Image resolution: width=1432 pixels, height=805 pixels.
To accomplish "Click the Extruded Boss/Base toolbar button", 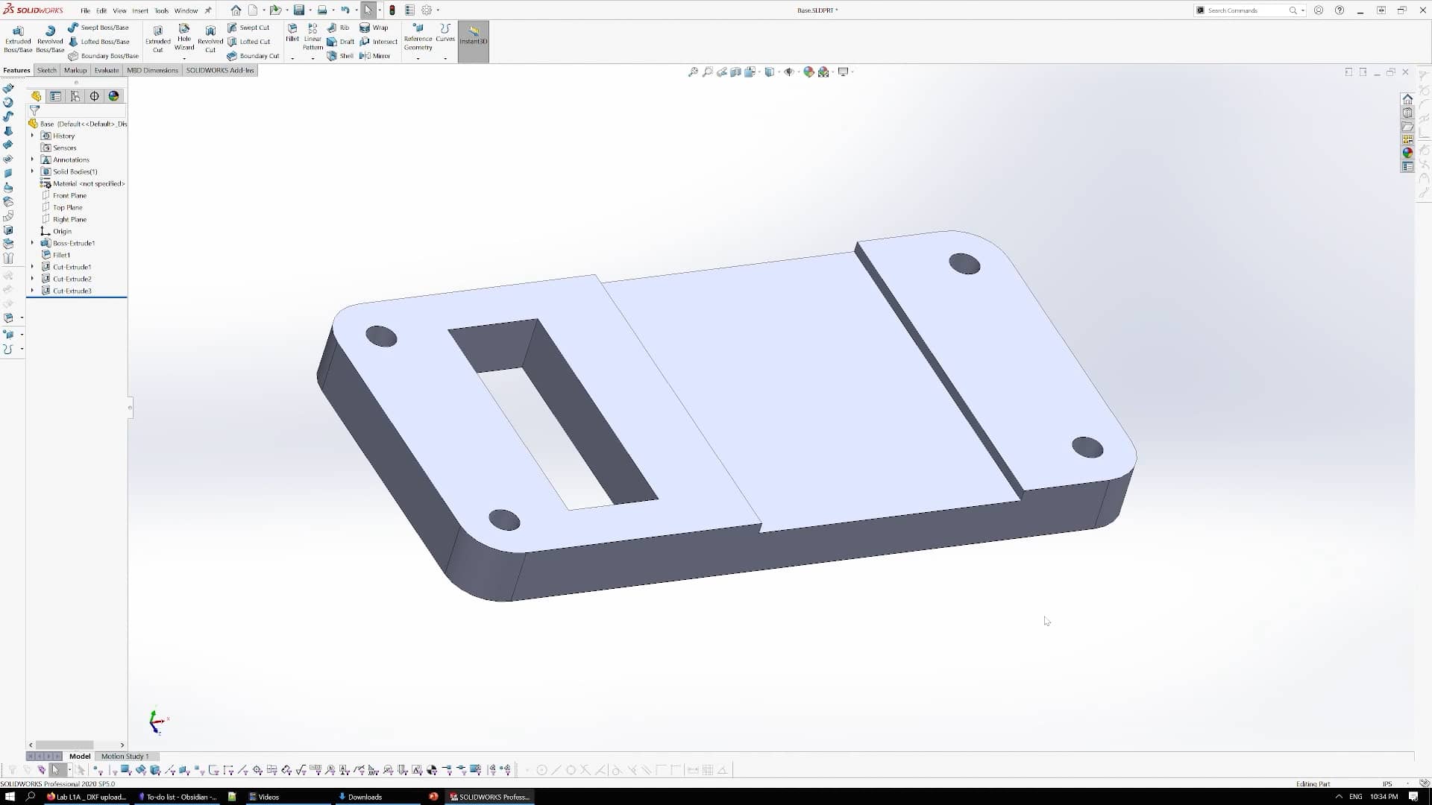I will coord(18,39).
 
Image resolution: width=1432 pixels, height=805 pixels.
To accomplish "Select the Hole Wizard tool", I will coord(184,39).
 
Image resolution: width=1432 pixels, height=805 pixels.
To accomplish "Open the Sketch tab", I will coord(47,70).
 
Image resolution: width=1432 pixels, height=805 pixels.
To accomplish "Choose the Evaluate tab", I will coord(107,70).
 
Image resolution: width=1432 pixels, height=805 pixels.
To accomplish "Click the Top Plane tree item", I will coord(67,207).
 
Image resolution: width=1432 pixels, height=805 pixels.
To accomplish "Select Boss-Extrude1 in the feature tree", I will coord(73,243).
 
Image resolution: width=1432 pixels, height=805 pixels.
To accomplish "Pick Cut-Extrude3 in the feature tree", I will coord(72,291).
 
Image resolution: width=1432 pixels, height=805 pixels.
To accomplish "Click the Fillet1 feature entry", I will coord(61,255).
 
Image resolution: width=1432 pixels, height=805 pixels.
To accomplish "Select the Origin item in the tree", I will coord(62,231).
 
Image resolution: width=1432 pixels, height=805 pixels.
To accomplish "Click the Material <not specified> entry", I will coord(88,183).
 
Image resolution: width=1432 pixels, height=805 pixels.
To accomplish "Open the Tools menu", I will coord(161,10).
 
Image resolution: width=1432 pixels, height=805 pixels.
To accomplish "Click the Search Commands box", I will coord(1246,10).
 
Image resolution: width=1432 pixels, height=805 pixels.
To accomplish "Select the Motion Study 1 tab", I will coord(125,756).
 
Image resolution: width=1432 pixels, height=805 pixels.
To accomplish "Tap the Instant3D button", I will coord(473,36).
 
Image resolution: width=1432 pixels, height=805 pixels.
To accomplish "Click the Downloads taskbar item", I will coord(364,797).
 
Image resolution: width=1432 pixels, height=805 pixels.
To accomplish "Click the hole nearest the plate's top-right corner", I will coord(964,263).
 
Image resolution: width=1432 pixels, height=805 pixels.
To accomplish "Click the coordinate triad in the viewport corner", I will coord(157,721).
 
